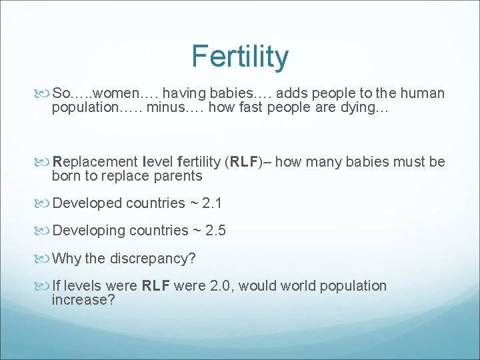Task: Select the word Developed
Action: pyautogui.click(x=86, y=203)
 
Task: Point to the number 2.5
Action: pyautogui.click(x=216, y=231)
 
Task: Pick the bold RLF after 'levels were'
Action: pyautogui.click(x=158, y=286)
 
